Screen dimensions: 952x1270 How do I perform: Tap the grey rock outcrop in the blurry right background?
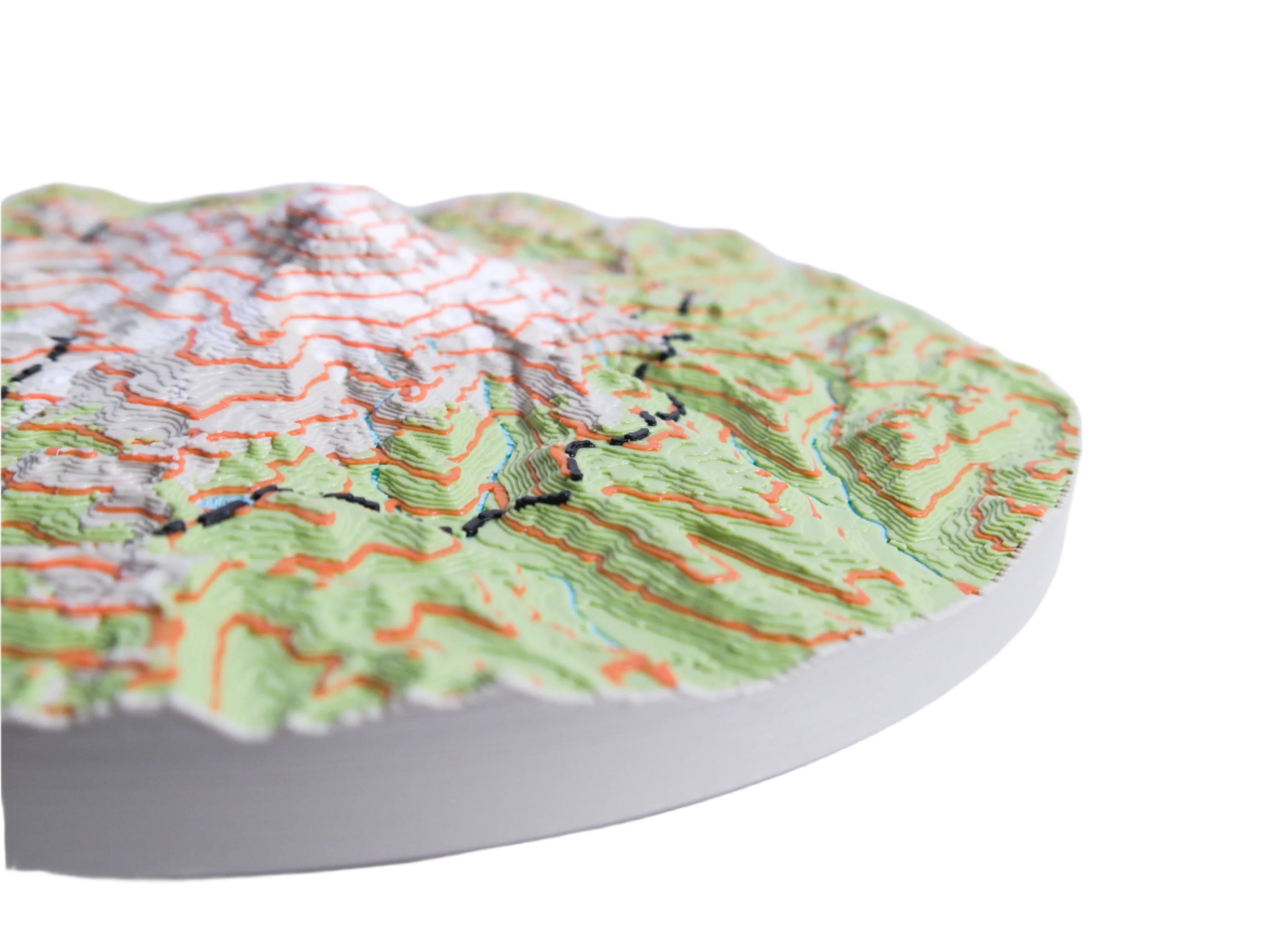click(x=861, y=327)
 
